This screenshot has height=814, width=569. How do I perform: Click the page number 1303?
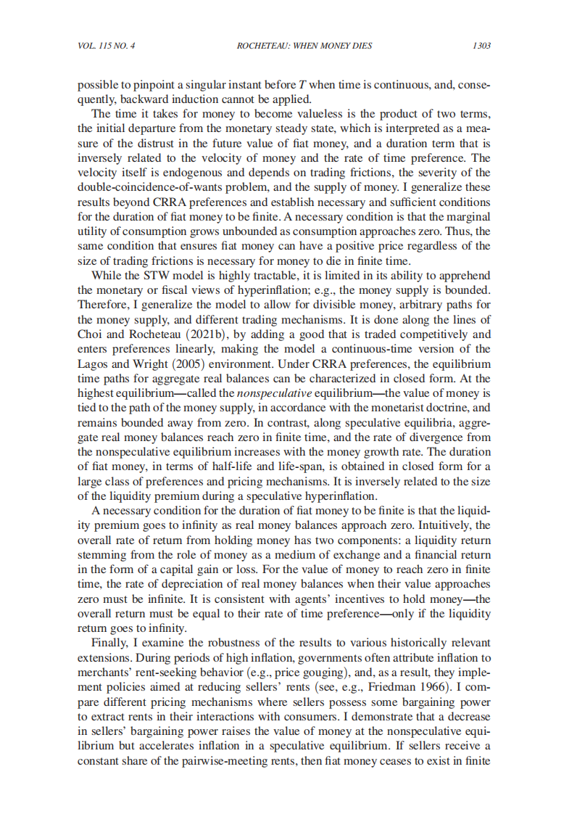coord(481,46)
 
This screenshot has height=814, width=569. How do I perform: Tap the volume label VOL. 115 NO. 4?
coord(106,46)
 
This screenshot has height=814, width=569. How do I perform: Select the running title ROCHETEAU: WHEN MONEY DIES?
coord(304,46)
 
